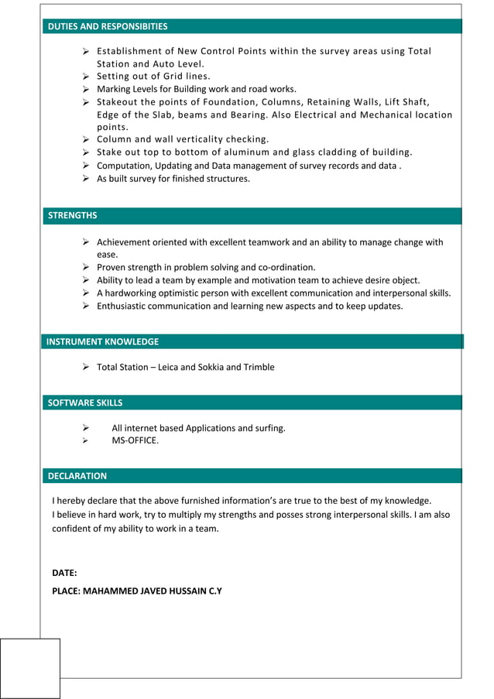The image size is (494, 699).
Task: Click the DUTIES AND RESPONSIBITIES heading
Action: pos(108,26)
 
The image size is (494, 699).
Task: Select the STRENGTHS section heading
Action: pos(73,215)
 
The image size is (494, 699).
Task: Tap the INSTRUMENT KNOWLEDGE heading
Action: pos(102,341)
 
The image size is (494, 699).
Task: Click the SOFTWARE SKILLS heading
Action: pos(85,403)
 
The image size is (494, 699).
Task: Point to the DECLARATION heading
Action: pos(77,476)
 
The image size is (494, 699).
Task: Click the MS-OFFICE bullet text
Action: pos(135,440)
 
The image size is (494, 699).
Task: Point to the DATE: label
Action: pos(64,573)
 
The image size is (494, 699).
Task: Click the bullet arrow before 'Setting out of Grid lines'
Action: pos(87,77)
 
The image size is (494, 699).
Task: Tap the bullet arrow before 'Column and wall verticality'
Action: pos(87,139)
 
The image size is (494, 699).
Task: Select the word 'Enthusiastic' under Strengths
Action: pos(124,306)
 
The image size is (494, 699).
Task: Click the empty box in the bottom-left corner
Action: pos(30,668)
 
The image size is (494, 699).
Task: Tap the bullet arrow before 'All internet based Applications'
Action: pos(87,428)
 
